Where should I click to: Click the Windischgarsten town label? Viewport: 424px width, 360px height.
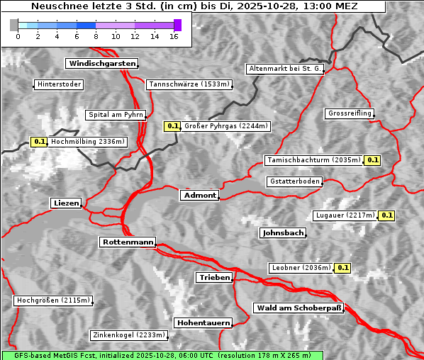pos(101,64)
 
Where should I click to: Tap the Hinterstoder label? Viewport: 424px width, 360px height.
pos(59,85)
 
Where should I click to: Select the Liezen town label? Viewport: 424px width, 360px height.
pos(66,203)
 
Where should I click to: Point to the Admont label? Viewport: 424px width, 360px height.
pos(199,196)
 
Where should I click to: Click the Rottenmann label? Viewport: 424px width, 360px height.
pos(128,242)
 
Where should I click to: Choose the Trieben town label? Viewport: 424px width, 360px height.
pos(214,278)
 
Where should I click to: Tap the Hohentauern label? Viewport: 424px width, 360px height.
pos(203,323)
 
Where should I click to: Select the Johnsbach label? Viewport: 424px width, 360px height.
pos(283,233)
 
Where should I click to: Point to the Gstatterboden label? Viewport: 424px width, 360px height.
pos(294,181)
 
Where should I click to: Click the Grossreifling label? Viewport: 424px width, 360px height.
pos(350,113)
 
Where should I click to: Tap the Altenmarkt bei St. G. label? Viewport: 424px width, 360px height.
pos(285,69)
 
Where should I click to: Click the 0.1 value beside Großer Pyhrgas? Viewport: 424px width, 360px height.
pos(172,126)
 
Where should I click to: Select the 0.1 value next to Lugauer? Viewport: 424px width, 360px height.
pos(386,215)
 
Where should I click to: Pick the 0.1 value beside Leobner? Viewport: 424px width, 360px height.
pos(342,268)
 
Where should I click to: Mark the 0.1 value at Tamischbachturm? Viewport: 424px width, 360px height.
pos(372,160)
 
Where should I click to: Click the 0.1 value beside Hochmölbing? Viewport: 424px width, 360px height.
pos(39,142)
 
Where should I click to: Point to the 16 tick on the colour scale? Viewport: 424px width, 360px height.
pos(174,36)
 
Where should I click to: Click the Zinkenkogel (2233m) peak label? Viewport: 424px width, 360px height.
pos(128,335)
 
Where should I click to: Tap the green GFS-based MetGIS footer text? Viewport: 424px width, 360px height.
pos(162,355)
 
